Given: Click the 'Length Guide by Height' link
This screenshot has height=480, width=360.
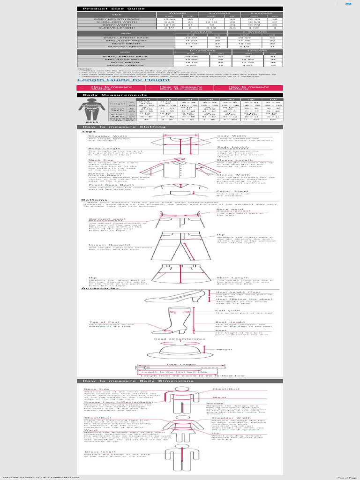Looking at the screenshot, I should [117, 80].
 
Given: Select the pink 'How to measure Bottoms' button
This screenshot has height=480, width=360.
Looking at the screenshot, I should [248, 88].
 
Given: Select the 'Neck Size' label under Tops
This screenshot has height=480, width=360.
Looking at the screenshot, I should [98, 159].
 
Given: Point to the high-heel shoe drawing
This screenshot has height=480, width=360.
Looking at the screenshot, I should [174, 297].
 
